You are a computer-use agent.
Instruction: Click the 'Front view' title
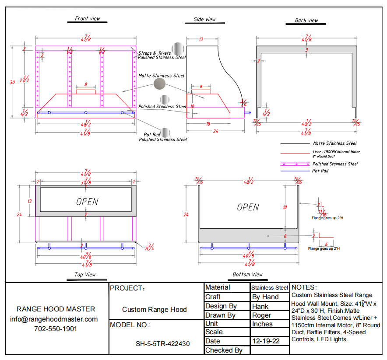coord(88,19)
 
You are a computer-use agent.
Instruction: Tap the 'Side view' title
coord(204,19)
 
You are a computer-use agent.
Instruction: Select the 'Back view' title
coord(306,21)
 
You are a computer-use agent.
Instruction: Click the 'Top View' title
coord(84,275)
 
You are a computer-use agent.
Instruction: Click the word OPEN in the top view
coord(87,202)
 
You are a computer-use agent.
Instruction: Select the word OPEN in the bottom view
coord(248,207)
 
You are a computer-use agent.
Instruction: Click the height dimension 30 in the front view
coord(12,82)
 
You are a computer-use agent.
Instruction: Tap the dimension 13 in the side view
coord(201,39)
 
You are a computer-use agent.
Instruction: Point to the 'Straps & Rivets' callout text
coord(155,53)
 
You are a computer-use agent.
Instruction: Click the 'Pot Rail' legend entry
coord(320,171)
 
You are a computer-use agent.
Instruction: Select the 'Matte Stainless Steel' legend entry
coord(335,143)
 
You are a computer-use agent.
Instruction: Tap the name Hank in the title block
coord(260,306)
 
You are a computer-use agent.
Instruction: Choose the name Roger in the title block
coord(262,315)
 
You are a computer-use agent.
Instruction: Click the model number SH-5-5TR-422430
coord(162,344)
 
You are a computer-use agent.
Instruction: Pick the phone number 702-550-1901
coord(56,329)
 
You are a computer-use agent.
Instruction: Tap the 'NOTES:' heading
coord(304,287)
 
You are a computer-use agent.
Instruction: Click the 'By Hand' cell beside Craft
coord(265,297)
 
